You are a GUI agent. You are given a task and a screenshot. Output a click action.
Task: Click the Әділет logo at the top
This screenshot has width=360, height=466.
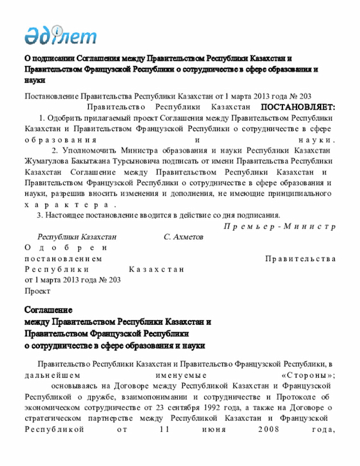(x=61, y=35)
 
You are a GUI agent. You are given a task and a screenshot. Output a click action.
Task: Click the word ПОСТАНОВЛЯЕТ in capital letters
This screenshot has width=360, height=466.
(x=298, y=107)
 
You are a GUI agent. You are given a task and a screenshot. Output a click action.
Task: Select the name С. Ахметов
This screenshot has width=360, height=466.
(x=183, y=237)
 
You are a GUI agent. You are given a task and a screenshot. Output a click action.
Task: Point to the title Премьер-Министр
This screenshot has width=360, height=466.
(x=280, y=226)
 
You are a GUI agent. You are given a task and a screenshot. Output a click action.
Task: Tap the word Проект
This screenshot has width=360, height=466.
(x=37, y=291)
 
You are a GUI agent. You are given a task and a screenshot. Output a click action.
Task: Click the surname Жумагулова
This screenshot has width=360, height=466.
(x=48, y=162)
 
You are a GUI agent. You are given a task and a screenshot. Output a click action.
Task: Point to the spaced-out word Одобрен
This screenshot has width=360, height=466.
(x=65, y=248)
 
